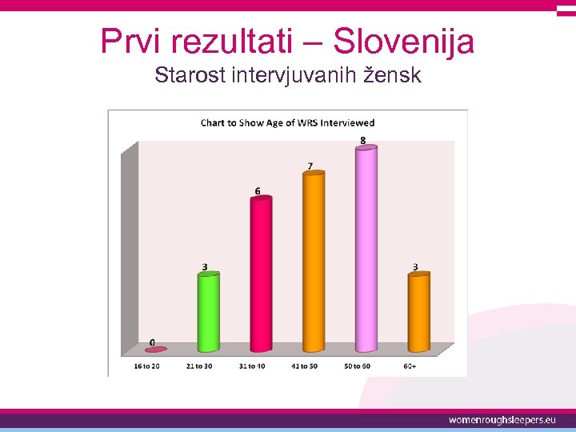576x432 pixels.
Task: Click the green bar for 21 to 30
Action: point(209,312)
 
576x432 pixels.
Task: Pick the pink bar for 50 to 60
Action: point(366,249)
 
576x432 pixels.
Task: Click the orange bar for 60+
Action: point(418,312)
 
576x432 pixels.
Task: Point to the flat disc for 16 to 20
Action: point(156,350)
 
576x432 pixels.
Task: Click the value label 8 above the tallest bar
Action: point(363,141)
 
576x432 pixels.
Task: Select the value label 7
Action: point(310,166)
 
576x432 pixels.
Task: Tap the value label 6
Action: point(258,191)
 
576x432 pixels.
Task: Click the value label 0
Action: point(152,342)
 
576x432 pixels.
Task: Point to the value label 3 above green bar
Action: point(205,266)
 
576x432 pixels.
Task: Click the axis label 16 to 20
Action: point(146,366)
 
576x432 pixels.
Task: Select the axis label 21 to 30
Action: point(198,366)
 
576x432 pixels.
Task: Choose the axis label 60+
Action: point(410,366)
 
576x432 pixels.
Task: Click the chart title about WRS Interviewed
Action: point(287,122)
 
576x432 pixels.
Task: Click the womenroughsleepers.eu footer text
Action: point(502,420)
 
